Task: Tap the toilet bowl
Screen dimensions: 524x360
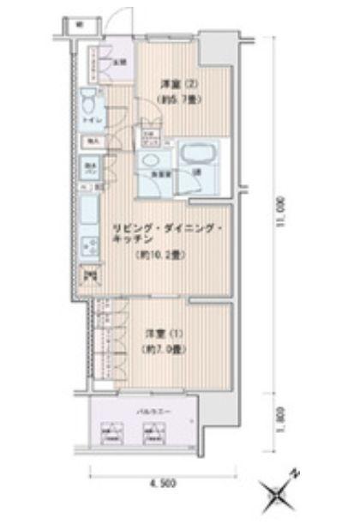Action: (89, 105)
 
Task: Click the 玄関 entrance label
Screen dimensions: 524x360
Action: (121, 62)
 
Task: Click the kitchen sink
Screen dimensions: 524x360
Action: (89, 211)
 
